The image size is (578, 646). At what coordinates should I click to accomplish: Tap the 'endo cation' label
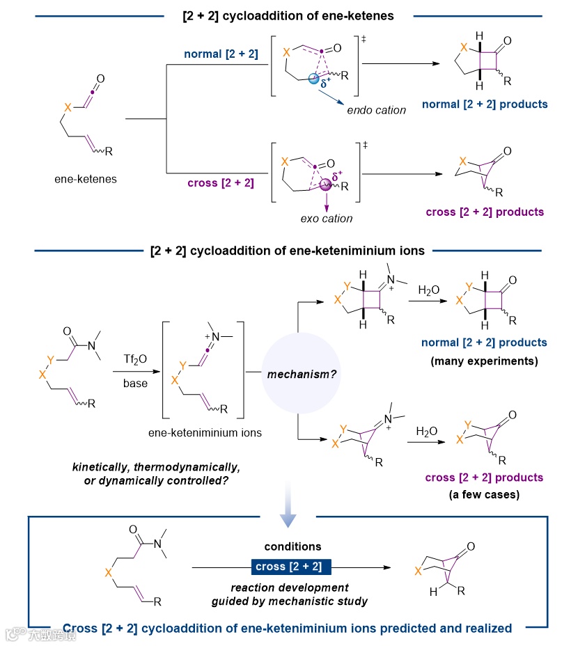(x=376, y=110)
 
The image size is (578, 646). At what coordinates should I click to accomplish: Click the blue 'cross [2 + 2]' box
(x=289, y=566)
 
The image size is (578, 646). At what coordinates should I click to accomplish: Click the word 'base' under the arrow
(x=135, y=384)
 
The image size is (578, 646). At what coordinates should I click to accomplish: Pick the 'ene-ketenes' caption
(x=84, y=179)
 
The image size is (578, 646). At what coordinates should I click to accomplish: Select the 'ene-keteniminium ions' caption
(x=205, y=432)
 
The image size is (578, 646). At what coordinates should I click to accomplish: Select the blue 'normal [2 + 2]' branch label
(x=221, y=54)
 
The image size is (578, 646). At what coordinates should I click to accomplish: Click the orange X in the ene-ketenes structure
(x=68, y=108)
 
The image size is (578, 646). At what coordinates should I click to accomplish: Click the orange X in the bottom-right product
(x=418, y=571)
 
